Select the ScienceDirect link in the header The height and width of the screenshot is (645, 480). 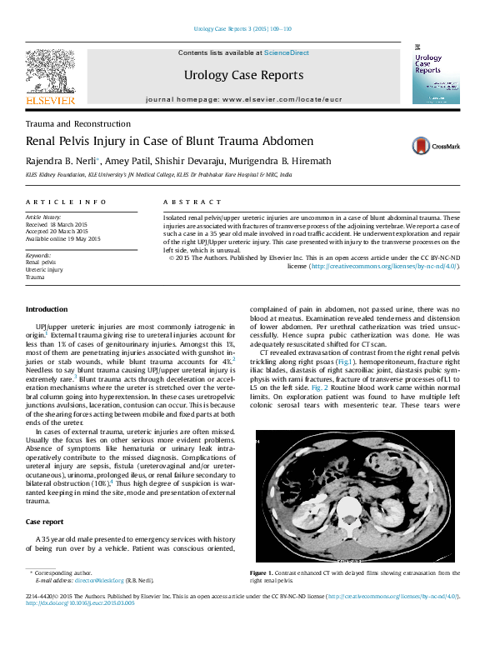point(286,52)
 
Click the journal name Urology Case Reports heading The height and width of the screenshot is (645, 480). point(243,75)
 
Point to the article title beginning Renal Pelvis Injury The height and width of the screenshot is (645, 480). point(169,142)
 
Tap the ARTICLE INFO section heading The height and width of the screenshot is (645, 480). point(66,202)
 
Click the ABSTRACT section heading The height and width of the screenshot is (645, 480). point(181,202)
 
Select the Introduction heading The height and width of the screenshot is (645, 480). point(47,309)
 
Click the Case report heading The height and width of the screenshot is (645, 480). point(44,521)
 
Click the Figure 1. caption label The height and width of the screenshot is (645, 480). point(262,573)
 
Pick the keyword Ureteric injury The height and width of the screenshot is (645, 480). point(44,269)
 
